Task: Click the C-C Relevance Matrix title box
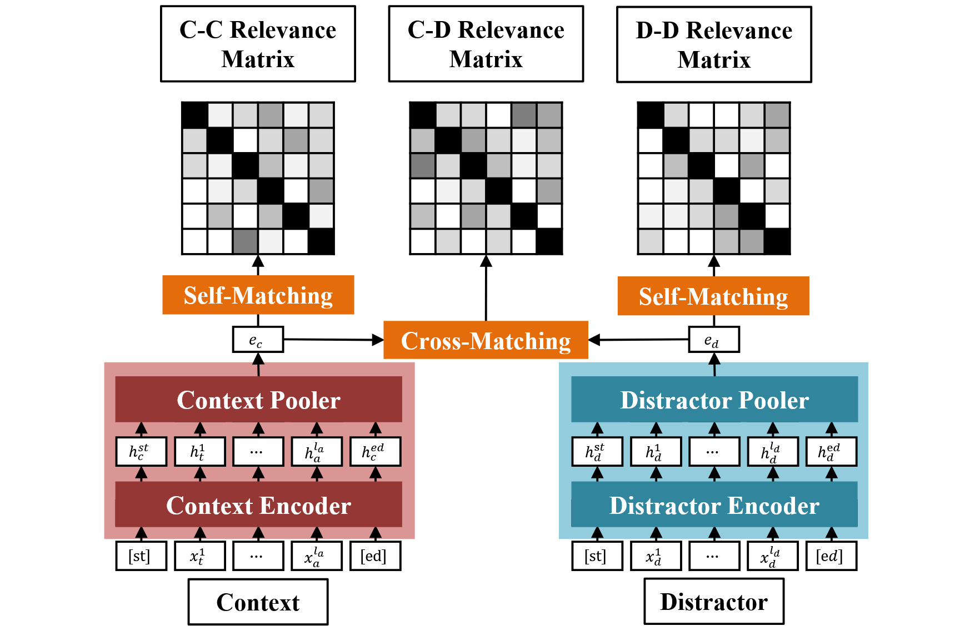coord(258,44)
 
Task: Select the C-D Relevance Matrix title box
coord(486,44)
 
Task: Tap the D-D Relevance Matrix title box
coord(714,44)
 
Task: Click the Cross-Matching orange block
coord(486,340)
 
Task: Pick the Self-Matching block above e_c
coord(258,295)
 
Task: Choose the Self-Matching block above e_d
coord(713,296)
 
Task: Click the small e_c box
coord(258,340)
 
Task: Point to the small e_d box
coord(713,340)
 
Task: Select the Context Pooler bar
coord(258,400)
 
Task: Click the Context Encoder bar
coord(258,504)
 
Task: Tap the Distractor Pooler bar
coord(714,400)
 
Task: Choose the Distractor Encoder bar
coord(714,504)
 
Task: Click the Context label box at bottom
coord(258,602)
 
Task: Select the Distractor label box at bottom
coord(714,602)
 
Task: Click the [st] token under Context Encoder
coord(141,556)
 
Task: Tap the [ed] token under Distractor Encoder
coord(831,556)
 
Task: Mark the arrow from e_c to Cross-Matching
coord(333,340)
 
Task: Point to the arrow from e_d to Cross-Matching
coord(639,340)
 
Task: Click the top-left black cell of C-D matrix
coord(422,115)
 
